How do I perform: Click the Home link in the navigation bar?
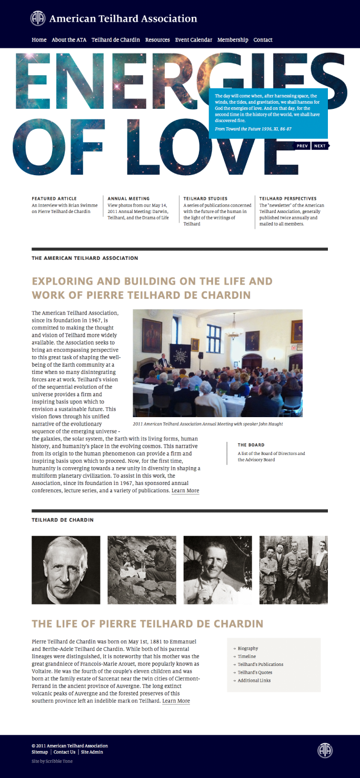(x=39, y=40)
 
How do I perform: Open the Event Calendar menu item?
(x=194, y=40)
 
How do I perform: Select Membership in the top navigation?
(x=233, y=40)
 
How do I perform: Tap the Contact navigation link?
(x=263, y=40)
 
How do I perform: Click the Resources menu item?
(x=157, y=40)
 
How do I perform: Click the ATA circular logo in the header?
(x=37, y=18)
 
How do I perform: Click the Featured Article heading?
(x=54, y=199)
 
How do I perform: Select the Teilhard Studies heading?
(x=205, y=199)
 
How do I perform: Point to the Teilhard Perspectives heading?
(x=288, y=199)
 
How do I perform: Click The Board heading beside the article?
(x=251, y=445)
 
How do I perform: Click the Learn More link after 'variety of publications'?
(x=185, y=491)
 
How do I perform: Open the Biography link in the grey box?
(x=248, y=649)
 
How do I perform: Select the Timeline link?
(x=247, y=656)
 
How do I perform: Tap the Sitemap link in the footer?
(x=39, y=752)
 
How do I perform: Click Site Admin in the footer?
(x=92, y=752)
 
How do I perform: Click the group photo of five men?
(x=294, y=570)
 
